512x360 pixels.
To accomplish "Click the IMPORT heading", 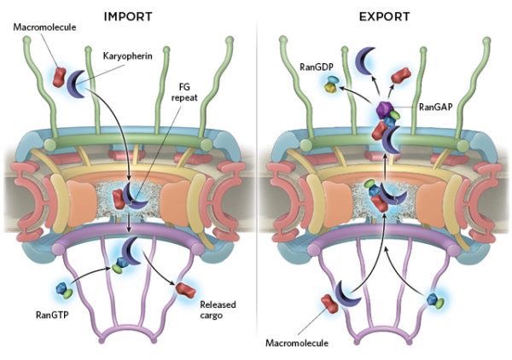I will click(127, 15).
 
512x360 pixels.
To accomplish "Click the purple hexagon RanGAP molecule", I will click(383, 110).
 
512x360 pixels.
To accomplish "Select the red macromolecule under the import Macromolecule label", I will click(60, 75).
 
